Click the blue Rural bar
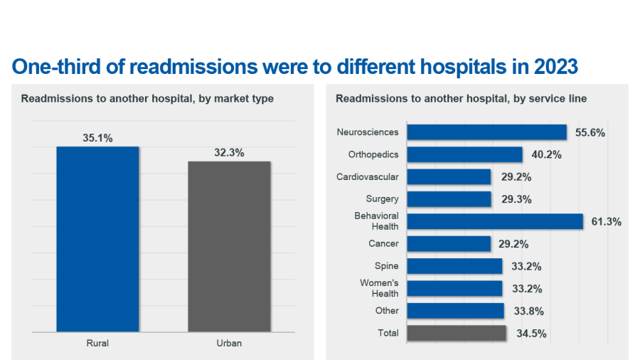(x=97, y=238)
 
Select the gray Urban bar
(x=229, y=246)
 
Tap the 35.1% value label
(x=97, y=138)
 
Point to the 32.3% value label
(x=229, y=152)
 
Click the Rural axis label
(x=97, y=343)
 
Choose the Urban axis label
(x=229, y=343)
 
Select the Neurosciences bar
(x=486, y=132)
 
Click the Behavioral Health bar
(x=495, y=221)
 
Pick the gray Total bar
(x=457, y=333)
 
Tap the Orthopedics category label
(x=373, y=154)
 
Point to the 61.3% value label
(x=606, y=222)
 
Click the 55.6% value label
(x=590, y=133)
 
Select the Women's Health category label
(x=379, y=288)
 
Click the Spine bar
(x=454, y=266)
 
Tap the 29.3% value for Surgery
(x=516, y=200)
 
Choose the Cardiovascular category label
(x=368, y=176)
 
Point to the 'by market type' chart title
(x=147, y=99)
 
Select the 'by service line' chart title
(x=461, y=99)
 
